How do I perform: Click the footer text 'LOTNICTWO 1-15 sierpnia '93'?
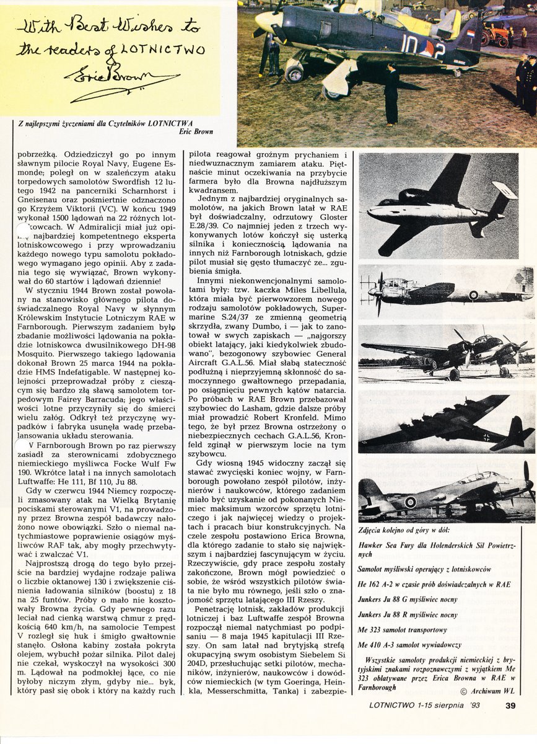424,704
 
